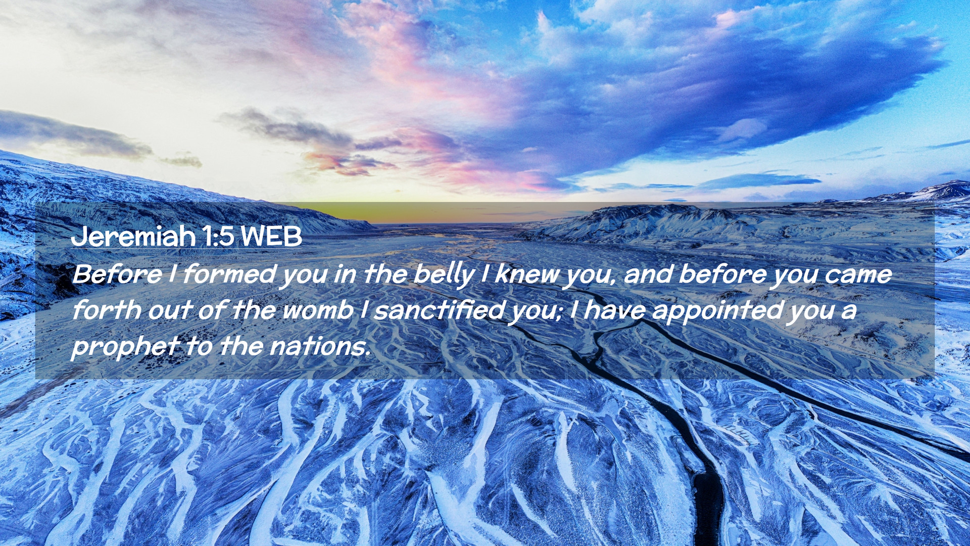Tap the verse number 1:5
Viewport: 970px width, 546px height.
[x=218, y=236]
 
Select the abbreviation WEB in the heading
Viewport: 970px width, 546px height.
[x=271, y=236]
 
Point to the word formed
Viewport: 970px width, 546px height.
[x=229, y=275]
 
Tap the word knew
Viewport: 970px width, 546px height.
[x=526, y=275]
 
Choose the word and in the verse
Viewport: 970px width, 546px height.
[x=648, y=275]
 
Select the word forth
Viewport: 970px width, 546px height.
[x=106, y=310]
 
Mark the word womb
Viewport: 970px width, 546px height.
[x=317, y=310]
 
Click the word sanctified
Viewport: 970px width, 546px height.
[x=439, y=310]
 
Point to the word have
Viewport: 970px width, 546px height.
[x=614, y=310]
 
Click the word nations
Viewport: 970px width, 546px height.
[x=319, y=346]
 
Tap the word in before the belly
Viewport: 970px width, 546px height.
[x=345, y=275]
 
